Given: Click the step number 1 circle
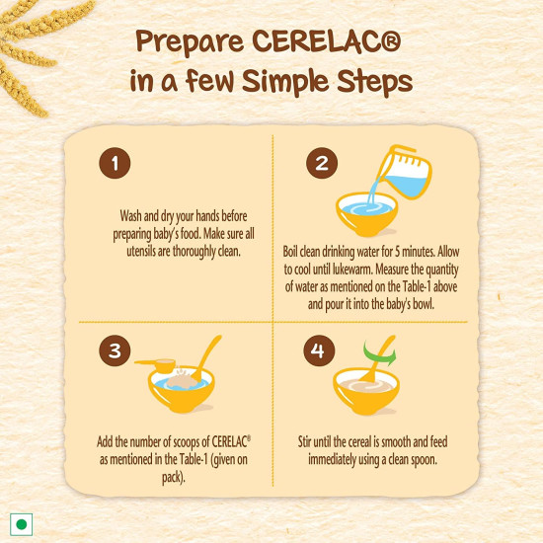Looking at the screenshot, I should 116,164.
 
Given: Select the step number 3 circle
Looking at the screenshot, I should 116,349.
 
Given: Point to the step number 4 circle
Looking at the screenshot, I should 319,349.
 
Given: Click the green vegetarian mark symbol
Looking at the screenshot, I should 19,522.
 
